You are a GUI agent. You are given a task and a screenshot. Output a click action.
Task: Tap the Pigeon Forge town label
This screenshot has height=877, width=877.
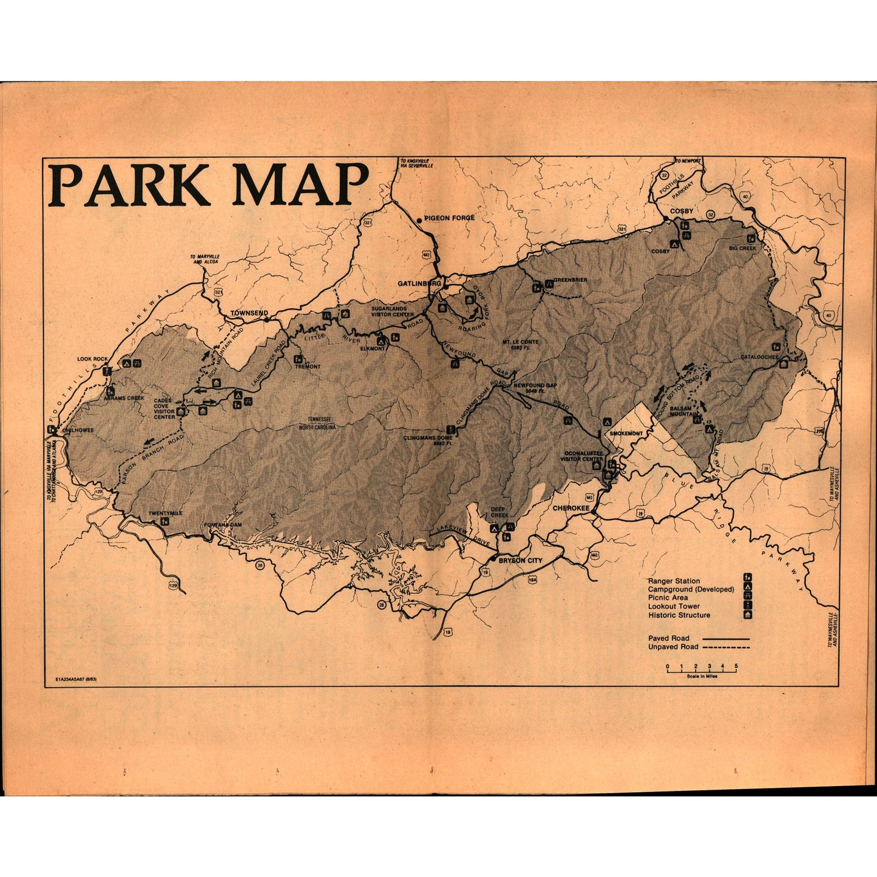click(449, 218)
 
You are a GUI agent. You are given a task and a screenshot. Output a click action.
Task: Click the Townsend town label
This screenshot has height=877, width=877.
click(249, 313)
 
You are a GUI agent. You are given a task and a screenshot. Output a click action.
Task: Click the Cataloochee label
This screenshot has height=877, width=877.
click(759, 357)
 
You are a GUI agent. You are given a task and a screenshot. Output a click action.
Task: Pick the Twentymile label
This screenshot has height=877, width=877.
click(165, 513)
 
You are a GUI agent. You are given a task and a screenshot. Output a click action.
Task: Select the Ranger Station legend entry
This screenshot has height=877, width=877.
click(674, 581)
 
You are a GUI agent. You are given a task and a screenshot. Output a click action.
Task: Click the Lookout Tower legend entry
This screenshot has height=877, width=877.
click(674, 606)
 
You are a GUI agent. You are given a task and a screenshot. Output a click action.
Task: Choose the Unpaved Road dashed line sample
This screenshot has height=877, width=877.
click(726, 647)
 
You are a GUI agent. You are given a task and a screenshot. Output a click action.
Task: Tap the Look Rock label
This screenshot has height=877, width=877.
click(92, 359)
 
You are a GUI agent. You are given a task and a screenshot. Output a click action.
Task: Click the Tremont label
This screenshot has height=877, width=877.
click(308, 367)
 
